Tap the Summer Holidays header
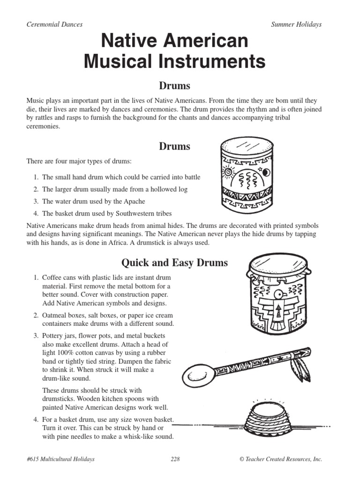296,24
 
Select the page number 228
175,459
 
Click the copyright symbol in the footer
241,459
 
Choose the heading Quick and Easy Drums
175,262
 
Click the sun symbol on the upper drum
229,172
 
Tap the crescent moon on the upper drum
266,172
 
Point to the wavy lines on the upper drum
247,179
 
